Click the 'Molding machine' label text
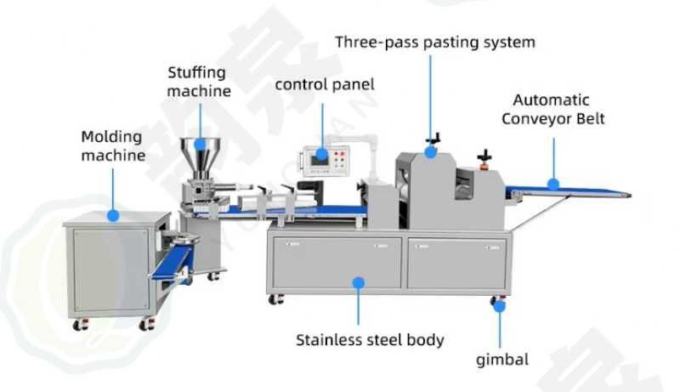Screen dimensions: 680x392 point(113,145)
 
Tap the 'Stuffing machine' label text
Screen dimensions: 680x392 point(199,82)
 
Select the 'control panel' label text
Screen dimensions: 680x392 point(325,84)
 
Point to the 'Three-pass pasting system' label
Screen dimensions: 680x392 point(435,42)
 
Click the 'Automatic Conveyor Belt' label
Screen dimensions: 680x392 point(553,110)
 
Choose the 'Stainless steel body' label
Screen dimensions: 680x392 point(370,340)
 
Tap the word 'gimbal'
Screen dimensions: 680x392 point(502,360)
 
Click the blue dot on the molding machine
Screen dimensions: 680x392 point(113,215)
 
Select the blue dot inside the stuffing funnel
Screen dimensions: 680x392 point(200,145)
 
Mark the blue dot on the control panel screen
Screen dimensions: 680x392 point(322,154)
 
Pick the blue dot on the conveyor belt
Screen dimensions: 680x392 point(553,185)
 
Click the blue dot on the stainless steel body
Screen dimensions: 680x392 point(358,283)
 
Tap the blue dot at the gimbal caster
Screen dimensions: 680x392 point(500,307)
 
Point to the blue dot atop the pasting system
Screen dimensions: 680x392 point(430,152)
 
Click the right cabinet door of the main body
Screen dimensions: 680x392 point(456,264)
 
